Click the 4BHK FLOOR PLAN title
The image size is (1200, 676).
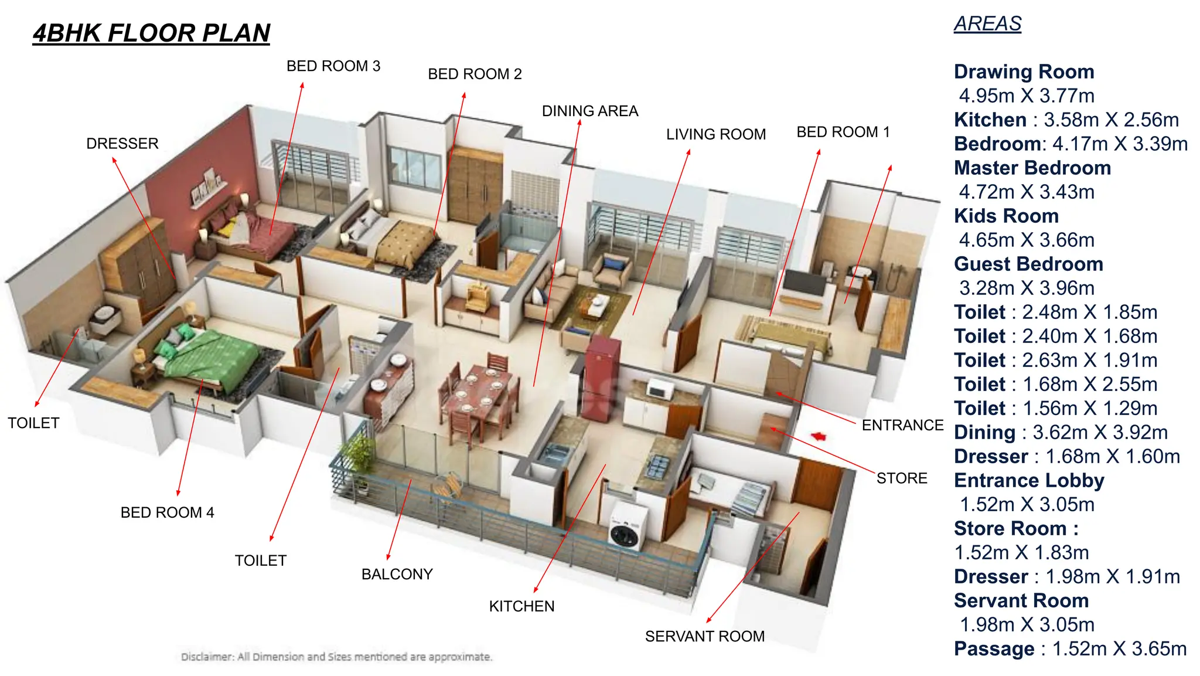pos(151,33)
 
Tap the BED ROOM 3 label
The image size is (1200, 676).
pos(333,66)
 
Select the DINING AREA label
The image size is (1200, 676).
pos(589,111)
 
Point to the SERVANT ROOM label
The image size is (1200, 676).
pos(704,636)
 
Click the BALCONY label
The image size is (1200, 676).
pos(397,574)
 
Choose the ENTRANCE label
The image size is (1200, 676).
pos(902,425)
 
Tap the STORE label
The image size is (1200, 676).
pos(901,478)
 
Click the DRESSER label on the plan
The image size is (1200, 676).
pos(122,144)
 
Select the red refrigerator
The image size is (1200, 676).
pos(601,375)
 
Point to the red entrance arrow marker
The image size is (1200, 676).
pos(819,436)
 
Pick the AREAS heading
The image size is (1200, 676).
pos(987,24)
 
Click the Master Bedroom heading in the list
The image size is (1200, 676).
pos(1032,168)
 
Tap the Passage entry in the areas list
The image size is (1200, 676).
pos(994,649)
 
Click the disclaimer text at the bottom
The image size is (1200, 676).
pos(336,657)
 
